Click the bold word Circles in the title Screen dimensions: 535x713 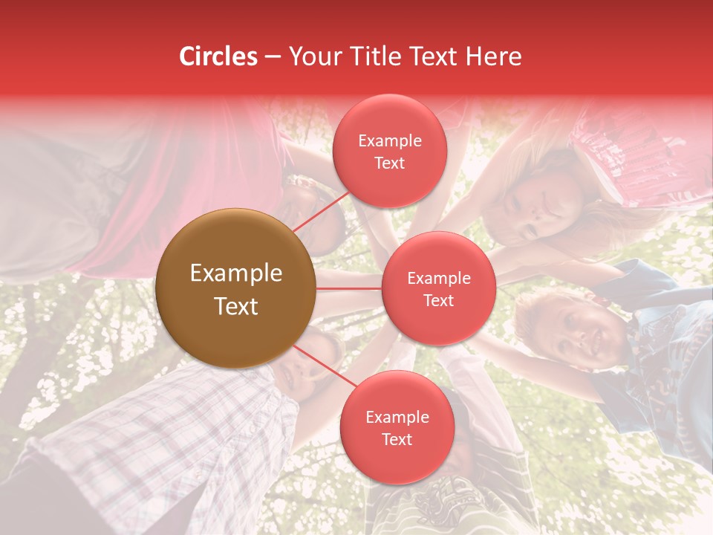click(x=218, y=56)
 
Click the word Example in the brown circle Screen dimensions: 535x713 click(x=236, y=273)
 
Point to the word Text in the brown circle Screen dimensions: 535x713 click(x=236, y=306)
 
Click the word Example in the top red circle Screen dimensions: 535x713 click(x=390, y=141)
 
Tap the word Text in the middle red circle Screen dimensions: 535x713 click(x=438, y=300)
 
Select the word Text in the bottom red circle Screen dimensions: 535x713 click(x=397, y=439)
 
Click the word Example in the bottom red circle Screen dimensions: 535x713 click(x=397, y=418)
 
